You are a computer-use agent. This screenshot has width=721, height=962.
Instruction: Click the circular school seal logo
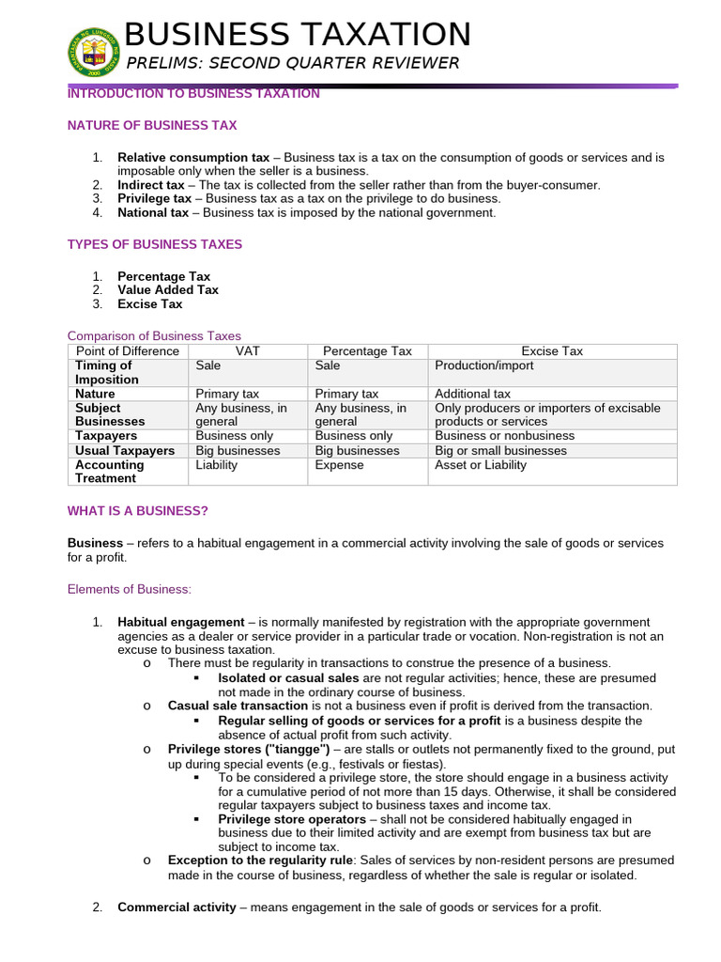click(93, 53)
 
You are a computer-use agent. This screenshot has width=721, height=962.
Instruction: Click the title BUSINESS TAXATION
click(298, 35)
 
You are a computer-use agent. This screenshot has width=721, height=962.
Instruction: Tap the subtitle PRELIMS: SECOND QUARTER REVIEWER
click(292, 64)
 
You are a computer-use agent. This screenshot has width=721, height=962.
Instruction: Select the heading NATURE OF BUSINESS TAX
click(152, 125)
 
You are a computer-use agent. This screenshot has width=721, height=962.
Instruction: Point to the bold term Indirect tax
click(151, 185)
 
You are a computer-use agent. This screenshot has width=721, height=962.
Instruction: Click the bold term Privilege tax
click(154, 199)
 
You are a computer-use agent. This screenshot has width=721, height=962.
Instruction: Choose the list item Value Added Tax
click(168, 290)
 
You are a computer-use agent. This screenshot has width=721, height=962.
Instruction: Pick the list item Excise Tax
click(150, 304)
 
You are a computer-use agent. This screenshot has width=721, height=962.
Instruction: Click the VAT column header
click(249, 351)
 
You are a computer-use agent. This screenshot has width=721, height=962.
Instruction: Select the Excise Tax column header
click(552, 351)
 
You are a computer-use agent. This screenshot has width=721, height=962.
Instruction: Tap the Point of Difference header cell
click(128, 351)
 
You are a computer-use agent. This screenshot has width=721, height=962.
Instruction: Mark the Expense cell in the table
click(340, 465)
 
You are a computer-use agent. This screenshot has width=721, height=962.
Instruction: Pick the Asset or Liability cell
click(481, 465)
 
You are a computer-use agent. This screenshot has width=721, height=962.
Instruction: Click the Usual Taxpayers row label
click(125, 451)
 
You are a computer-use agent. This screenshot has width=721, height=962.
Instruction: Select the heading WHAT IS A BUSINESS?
click(138, 511)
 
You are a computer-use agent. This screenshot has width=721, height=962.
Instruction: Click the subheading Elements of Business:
click(130, 590)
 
